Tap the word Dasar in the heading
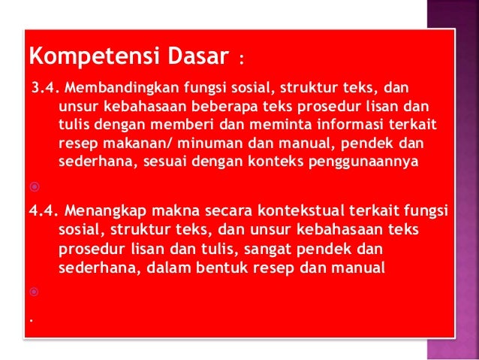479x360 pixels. coord(183,56)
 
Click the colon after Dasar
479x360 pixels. coord(240,58)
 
